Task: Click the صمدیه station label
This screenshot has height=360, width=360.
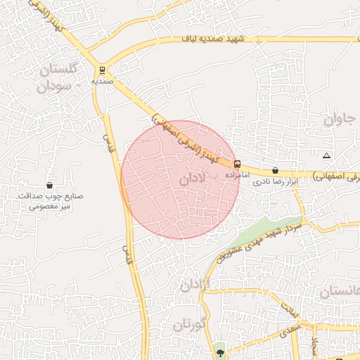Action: [103, 81]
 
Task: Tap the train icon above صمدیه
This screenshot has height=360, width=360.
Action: [103, 70]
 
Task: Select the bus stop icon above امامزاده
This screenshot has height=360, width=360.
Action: [237, 164]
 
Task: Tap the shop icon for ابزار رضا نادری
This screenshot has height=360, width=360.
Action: [274, 170]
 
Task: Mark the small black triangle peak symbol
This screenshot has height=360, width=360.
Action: [326, 155]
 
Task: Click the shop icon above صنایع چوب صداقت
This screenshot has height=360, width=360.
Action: [49, 185]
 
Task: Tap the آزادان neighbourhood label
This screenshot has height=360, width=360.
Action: [196, 285]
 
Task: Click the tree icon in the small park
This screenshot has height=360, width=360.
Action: [221, 351]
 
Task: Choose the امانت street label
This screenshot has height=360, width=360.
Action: [290, 307]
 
